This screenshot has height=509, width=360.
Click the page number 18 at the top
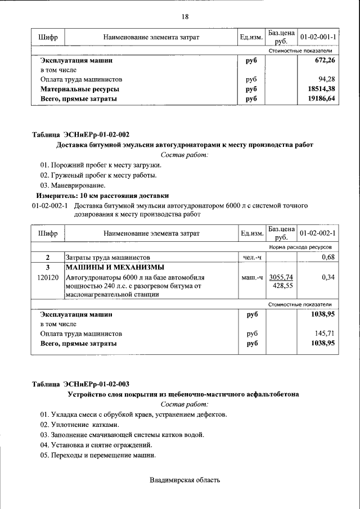coord(184,17)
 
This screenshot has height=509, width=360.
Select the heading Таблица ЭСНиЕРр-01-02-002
coord(80,134)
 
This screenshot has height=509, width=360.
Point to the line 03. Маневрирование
coord(73,185)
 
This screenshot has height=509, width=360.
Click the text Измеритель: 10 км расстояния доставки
coord(102,196)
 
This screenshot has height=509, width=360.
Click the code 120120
coord(48,277)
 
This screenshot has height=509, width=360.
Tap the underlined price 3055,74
coord(281,277)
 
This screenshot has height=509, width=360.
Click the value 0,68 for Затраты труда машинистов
coord(328,257)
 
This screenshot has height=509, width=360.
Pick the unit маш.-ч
coord(252,277)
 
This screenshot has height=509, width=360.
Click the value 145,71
coord(325,333)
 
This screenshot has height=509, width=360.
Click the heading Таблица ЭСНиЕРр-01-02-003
coord(80,384)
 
